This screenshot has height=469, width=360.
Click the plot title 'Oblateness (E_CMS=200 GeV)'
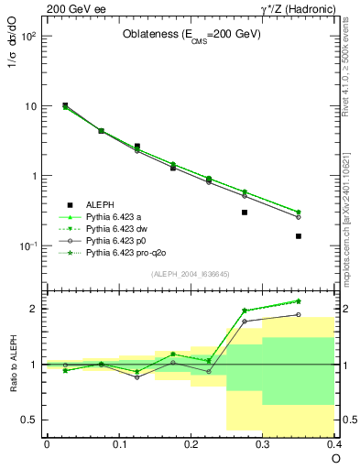click(x=192, y=35)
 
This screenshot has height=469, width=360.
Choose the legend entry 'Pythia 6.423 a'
click(x=115, y=216)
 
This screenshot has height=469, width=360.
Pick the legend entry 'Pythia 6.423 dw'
click(x=117, y=228)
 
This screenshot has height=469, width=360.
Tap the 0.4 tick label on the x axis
click(x=333, y=443)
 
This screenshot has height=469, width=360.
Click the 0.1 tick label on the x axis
click(x=118, y=443)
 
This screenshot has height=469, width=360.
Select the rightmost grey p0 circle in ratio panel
click(x=299, y=315)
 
